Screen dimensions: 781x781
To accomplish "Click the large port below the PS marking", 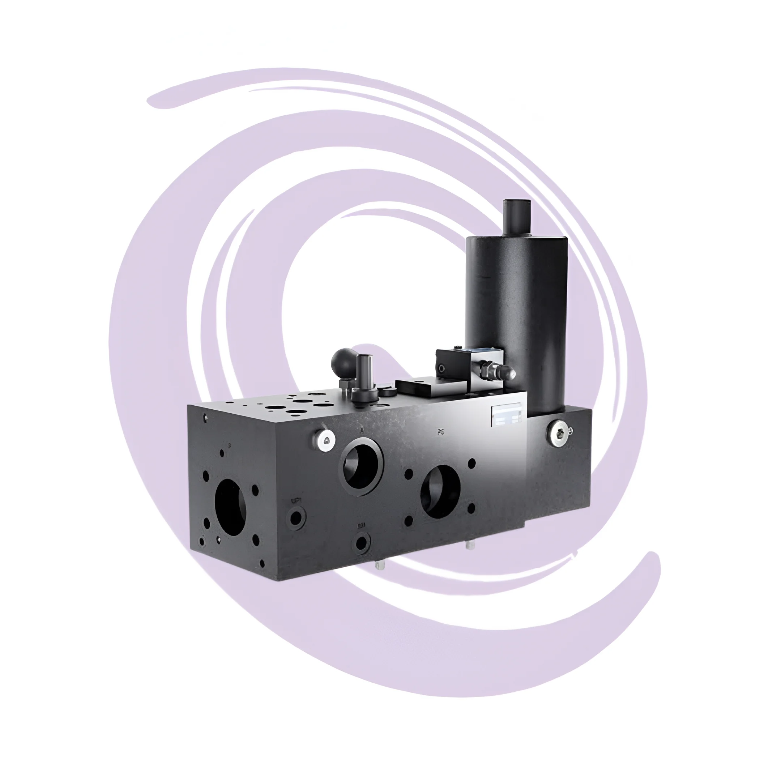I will tap(440, 492).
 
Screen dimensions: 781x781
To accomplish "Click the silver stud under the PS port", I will tap(469, 545).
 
